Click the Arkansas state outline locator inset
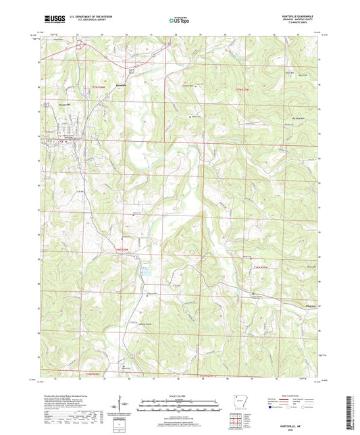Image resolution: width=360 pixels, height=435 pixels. coord(240,401)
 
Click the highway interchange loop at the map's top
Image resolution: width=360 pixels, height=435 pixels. coord(80,46)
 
